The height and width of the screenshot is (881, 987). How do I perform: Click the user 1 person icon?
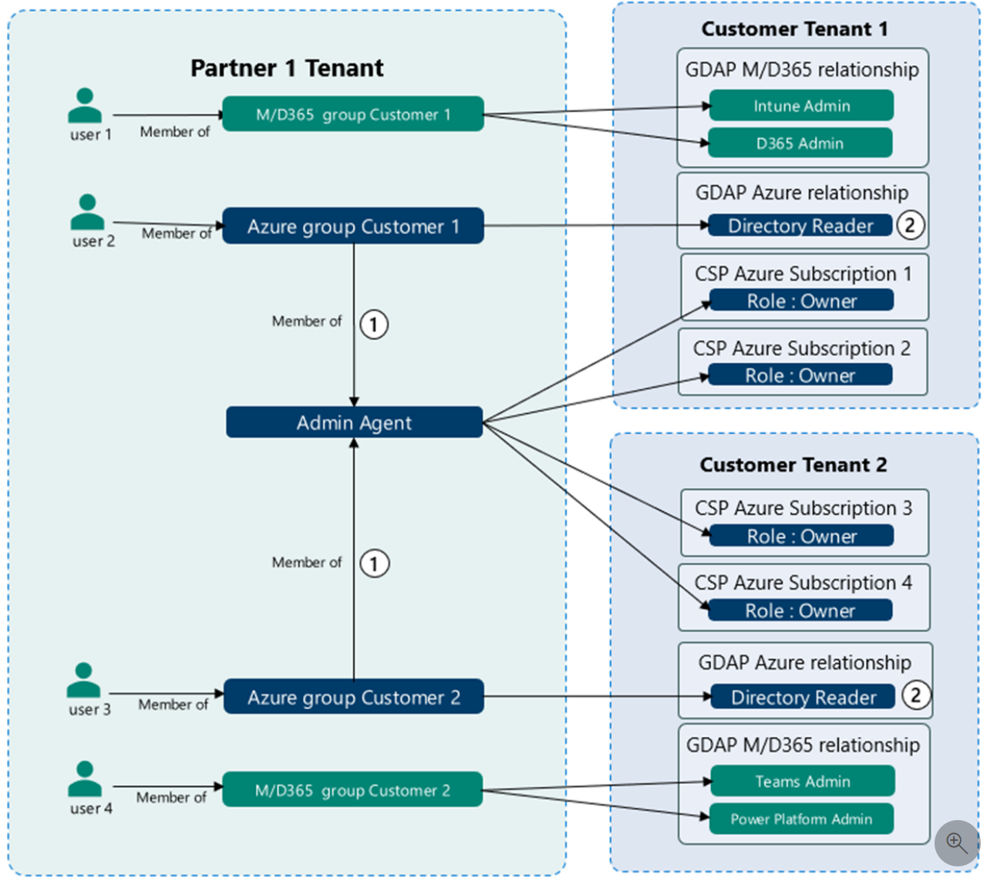tap(85, 106)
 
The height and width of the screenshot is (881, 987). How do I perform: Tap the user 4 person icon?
tap(85, 778)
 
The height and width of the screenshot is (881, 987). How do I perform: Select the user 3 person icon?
tap(83, 680)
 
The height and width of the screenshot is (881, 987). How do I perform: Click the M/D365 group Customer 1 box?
tap(353, 114)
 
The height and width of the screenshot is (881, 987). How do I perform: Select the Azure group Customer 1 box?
tap(353, 226)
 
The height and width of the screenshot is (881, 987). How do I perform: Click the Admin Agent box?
tap(354, 422)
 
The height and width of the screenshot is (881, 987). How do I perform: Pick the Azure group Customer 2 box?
tap(353, 697)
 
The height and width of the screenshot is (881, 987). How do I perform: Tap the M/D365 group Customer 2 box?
tap(352, 790)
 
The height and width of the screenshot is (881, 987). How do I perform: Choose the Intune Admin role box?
tap(801, 106)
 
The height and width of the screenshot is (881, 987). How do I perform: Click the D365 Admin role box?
tap(800, 143)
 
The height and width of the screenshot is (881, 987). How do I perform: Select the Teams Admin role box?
tap(802, 781)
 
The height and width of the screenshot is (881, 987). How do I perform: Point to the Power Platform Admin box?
tap(801, 819)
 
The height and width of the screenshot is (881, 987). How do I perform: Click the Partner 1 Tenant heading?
tap(286, 68)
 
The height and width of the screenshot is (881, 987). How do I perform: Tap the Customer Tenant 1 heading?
tap(794, 29)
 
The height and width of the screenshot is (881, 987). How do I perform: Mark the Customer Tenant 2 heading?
tap(793, 465)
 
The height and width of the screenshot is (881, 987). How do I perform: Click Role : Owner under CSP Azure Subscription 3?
tap(801, 536)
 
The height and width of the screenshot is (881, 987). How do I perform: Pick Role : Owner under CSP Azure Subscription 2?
tap(800, 375)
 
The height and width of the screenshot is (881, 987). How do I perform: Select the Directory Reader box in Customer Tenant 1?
tap(800, 225)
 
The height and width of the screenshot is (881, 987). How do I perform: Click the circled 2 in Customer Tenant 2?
tap(915, 695)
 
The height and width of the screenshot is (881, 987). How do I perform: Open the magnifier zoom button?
tap(956, 843)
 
